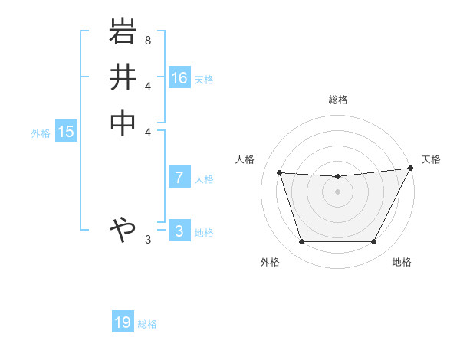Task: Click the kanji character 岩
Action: (123, 33)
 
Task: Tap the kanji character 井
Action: (123, 77)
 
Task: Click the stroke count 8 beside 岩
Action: (148, 39)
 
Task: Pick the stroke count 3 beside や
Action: (148, 240)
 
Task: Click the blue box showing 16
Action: (179, 78)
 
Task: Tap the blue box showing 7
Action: (179, 178)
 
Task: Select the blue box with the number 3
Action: (179, 231)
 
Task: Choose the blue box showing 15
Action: (66, 132)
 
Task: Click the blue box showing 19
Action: (123, 322)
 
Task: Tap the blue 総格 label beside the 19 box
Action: (147, 324)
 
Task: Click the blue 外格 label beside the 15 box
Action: (41, 133)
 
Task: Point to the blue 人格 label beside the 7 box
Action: (204, 179)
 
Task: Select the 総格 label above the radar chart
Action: (338, 100)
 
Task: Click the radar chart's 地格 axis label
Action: (402, 262)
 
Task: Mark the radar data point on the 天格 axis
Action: (410, 169)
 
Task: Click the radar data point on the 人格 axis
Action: (280, 173)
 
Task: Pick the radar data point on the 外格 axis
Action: (301, 242)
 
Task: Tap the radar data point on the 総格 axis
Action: (338, 177)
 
